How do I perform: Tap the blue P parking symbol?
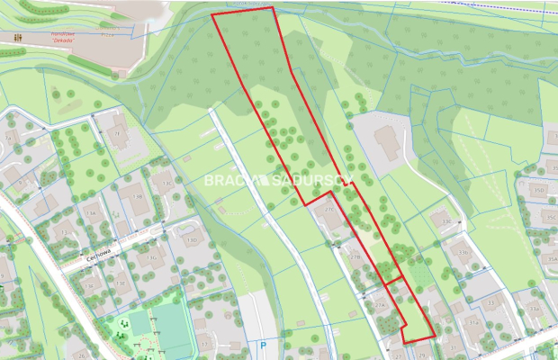[x=263, y=344]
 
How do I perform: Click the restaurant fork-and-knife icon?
[x=20, y=38]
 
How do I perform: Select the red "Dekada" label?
[x=61, y=40]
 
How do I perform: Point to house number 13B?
[x=138, y=195]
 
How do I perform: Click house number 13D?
[x=191, y=240]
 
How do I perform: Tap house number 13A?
[x=90, y=213]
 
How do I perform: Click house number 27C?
[x=329, y=210]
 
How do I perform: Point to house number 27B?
[x=355, y=256]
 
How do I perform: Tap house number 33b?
[x=464, y=253]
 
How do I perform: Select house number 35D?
[x=537, y=190]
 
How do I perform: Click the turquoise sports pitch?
[x=170, y=328]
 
